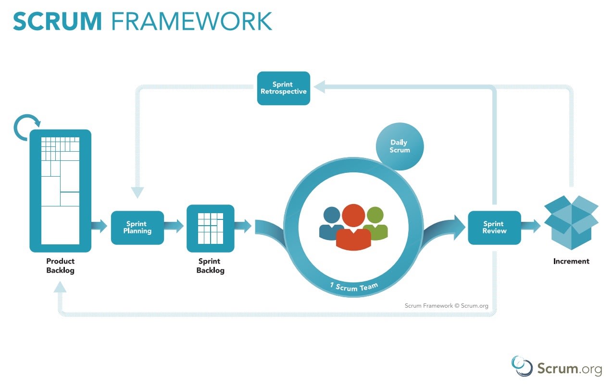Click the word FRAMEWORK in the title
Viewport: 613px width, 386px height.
click(x=191, y=21)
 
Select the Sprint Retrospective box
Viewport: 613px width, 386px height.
click(x=284, y=88)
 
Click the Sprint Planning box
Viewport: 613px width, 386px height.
click(x=137, y=228)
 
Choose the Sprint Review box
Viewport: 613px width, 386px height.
click(x=494, y=228)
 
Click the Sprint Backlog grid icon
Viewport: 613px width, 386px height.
click(x=210, y=228)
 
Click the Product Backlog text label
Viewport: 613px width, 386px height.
click(x=60, y=266)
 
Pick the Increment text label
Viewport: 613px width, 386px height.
click(x=571, y=262)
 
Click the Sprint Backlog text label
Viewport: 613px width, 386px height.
click(x=210, y=266)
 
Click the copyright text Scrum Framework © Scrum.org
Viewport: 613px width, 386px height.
click(x=446, y=305)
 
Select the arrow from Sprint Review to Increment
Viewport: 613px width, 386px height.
click(x=531, y=226)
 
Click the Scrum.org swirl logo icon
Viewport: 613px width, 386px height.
click(x=522, y=366)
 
